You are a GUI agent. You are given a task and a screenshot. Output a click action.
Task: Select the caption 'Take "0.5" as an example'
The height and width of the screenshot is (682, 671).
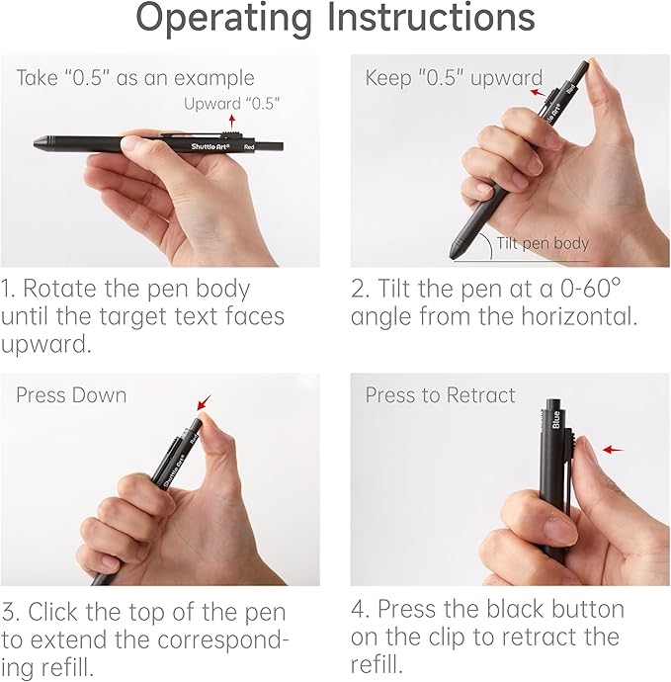coord(135,78)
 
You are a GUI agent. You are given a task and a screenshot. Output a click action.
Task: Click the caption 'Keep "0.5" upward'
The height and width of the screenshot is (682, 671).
coord(454,78)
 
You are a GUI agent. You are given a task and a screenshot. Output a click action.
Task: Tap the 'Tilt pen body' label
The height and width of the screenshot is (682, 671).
coord(543,243)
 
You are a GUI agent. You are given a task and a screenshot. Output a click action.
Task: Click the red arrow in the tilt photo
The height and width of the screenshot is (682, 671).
coord(538,92)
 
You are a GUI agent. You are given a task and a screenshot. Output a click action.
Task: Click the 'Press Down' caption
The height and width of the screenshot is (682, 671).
coord(71,395)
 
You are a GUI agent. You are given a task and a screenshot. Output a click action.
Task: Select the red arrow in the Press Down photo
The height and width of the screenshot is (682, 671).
coord(204,402)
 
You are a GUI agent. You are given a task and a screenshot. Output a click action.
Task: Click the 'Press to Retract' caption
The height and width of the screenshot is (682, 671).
coord(440,395)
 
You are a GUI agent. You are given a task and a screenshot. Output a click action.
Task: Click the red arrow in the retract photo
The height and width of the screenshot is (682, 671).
coord(614,449)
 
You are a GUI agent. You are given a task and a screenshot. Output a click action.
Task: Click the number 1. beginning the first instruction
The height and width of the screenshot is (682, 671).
coord(10,291)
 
